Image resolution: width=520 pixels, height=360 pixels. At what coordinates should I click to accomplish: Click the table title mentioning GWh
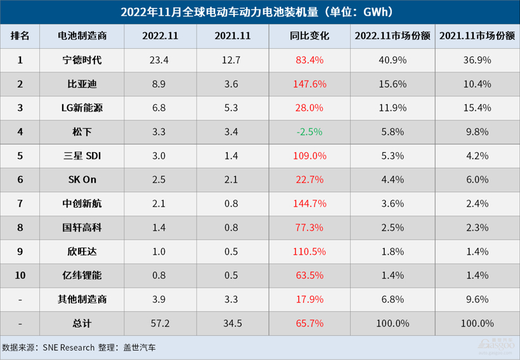click(260, 11)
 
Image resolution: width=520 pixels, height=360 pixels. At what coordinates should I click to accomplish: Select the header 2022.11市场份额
click(393, 36)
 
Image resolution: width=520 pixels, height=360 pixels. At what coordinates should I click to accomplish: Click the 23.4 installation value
click(160, 60)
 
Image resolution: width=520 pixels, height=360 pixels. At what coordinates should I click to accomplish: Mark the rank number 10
click(20, 275)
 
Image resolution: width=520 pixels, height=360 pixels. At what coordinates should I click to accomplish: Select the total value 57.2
click(160, 323)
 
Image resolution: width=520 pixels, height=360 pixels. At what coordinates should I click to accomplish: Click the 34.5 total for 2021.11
click(234, 323)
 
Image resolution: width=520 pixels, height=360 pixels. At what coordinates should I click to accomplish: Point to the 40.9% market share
click(393, 60)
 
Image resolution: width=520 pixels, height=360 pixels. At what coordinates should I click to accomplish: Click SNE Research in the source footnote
click(69, 347)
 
